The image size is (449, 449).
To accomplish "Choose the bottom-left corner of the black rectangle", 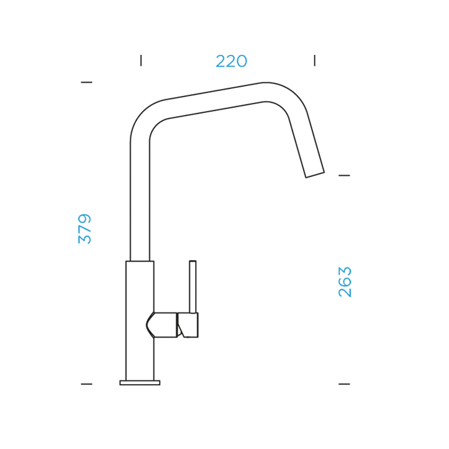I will pos(78,385).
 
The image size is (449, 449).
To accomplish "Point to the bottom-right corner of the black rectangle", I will pos(351,385).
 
